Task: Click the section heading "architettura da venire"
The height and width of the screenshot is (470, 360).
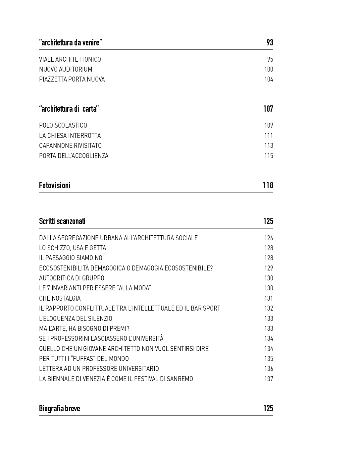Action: (71, 43)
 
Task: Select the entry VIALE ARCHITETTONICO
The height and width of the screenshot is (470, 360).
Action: (70, 60)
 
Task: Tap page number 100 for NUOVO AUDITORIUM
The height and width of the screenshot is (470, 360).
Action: (269, 70)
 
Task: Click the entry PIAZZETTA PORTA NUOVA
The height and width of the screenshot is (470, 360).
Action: (72, 80)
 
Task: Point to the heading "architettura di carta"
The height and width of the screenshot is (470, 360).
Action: (69, 109)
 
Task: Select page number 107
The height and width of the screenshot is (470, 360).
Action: (268, 109)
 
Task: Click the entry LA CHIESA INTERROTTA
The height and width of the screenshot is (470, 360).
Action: (70, 136)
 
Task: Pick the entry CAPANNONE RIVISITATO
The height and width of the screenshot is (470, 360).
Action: (70, 146)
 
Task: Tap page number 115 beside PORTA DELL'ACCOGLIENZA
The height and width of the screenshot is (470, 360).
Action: (269, 156)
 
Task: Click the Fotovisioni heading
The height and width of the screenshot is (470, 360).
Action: (55, 186)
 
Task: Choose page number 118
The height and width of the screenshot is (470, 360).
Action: (268, 186)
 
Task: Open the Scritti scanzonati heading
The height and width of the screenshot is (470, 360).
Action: (62, 221)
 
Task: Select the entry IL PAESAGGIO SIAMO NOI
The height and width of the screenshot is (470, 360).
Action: (71, 258)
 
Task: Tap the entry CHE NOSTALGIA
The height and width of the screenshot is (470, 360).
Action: (60, 299)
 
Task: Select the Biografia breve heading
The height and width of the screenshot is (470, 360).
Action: (59, 409)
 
